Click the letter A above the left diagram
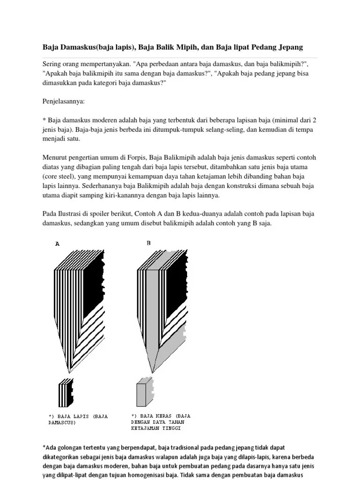[58, 243]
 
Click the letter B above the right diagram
[149, 243]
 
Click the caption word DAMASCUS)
[62, 422]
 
